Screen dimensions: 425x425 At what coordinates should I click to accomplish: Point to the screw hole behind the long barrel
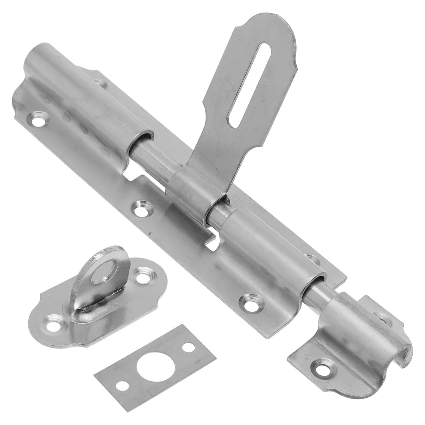(99, 82)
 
